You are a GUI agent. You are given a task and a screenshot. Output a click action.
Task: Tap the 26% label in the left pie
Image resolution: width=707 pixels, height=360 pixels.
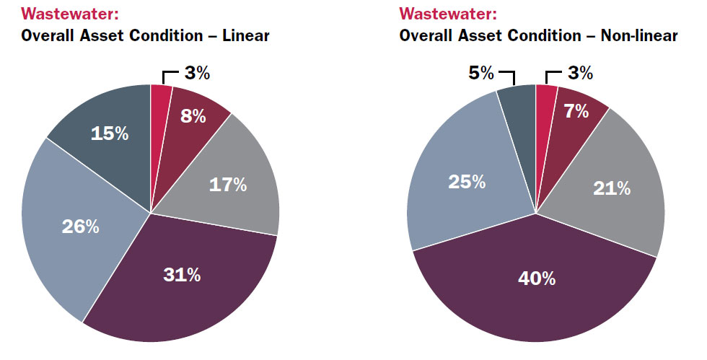81,227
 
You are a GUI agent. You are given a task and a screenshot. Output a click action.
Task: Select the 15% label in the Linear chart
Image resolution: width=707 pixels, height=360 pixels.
110,133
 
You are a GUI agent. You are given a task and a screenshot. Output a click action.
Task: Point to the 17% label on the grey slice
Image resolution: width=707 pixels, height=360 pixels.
228,185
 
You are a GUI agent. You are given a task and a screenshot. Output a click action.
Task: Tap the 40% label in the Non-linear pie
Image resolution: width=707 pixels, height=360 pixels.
537,278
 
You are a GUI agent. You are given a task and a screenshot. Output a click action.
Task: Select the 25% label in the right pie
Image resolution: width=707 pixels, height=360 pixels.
467,182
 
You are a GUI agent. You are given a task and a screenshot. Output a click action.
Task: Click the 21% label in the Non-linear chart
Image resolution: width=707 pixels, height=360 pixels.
612,189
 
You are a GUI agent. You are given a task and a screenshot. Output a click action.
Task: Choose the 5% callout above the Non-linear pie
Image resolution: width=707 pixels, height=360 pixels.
483,73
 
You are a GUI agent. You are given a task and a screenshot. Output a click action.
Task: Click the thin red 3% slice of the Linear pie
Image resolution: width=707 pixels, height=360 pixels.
159,97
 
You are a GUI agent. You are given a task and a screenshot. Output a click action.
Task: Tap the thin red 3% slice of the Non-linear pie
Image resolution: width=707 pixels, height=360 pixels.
545,97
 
